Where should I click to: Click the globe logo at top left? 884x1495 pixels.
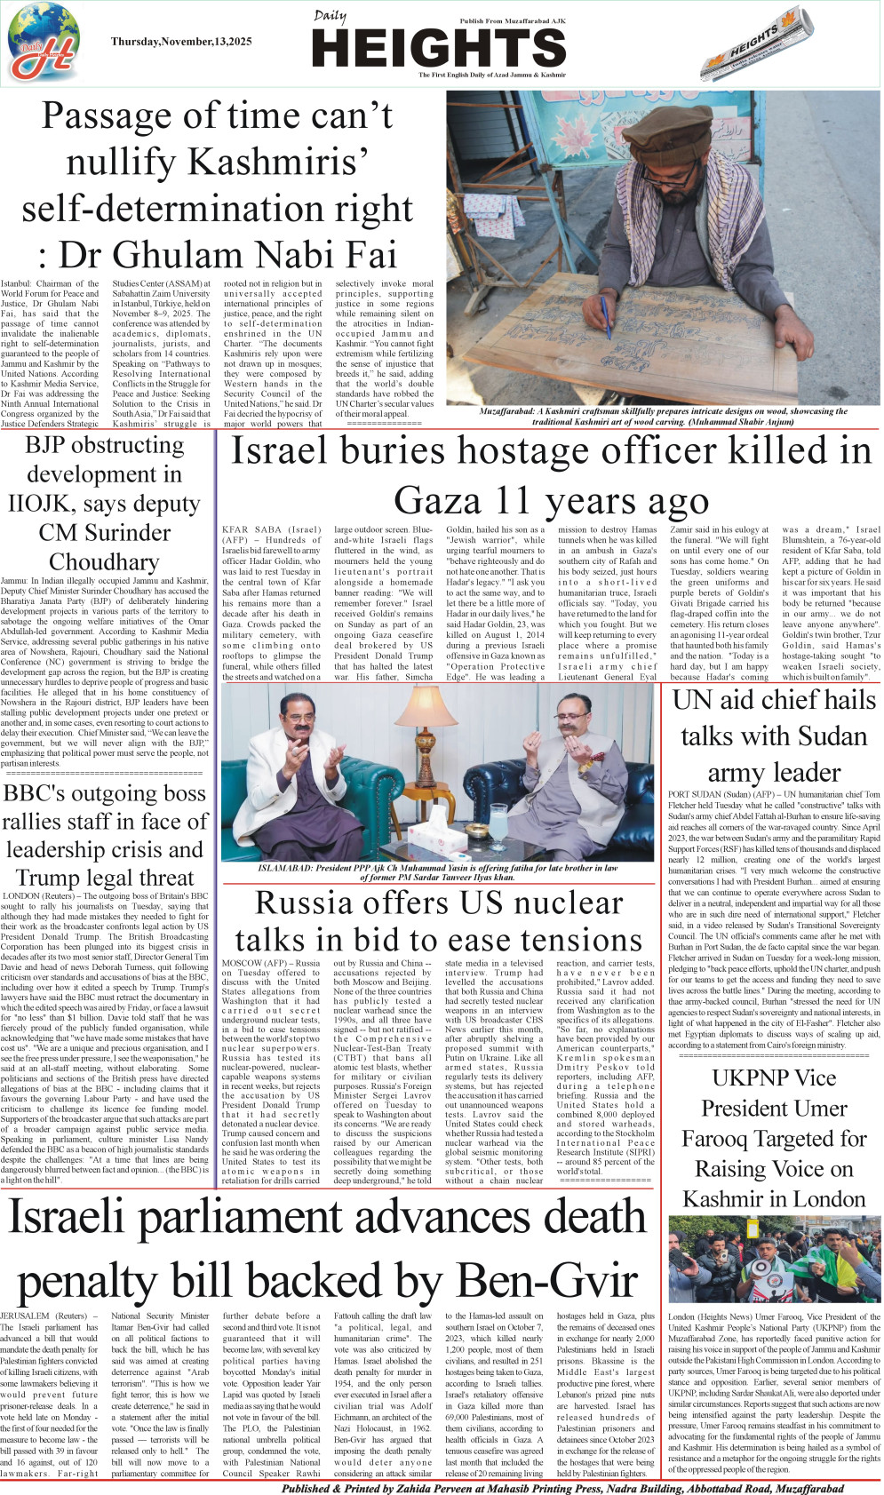pos(44,43)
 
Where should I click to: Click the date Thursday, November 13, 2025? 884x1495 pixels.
pos(181,42)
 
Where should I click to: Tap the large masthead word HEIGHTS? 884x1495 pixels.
pos(439,48)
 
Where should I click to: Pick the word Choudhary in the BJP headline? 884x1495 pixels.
pos(104,562)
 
